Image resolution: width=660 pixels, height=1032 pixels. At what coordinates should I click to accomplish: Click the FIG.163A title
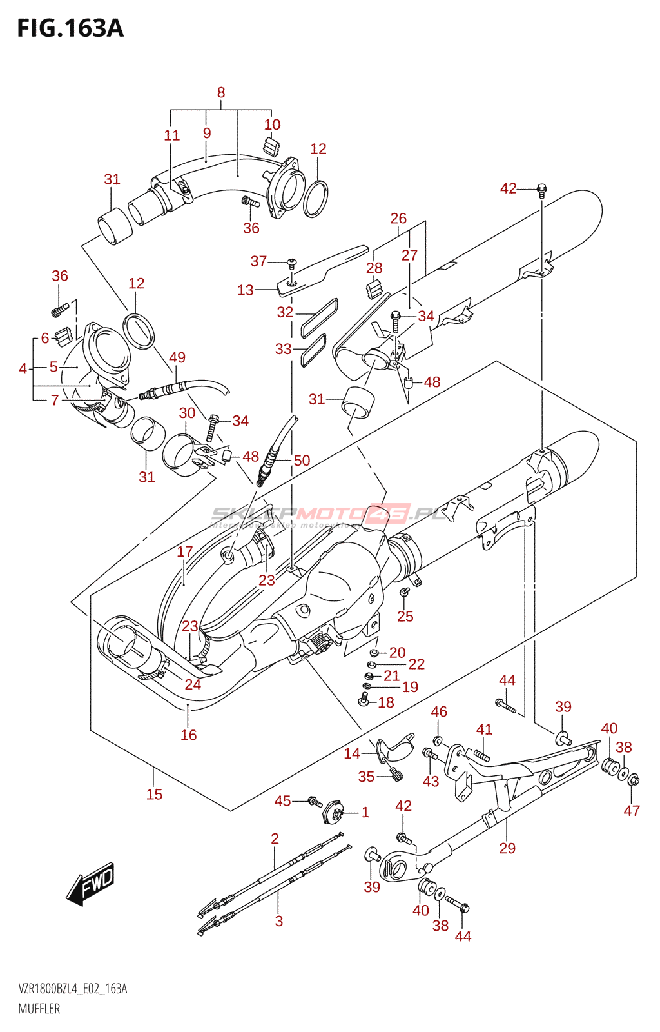click(x=70, y=28)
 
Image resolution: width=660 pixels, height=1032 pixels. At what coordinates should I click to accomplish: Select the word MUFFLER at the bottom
click(x=39, y=1009)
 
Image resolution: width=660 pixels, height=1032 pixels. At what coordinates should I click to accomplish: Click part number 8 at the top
click(x=221, y=93)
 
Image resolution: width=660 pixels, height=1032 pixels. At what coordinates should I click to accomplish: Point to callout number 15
click(x=154, y=794)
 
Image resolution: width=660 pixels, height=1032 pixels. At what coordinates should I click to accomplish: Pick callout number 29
click(x=507, y=848)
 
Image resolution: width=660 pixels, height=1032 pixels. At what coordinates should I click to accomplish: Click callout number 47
click(x=632, y=811)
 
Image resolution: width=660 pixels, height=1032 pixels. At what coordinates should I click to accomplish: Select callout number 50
click(x=302, y=461)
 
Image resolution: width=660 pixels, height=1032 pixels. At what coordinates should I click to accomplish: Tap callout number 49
click(x=177, y=357)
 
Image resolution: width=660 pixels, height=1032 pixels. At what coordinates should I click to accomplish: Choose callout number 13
click(x=245, y=290)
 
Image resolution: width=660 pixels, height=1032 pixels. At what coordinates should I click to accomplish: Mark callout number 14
click(x=352, y=753)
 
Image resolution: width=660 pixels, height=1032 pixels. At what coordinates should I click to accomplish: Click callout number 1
click(x=365, y=812)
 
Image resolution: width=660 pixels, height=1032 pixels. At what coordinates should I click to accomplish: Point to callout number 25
click(x=405, y=616)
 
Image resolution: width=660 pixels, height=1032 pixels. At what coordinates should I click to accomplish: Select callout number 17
click(x=185, y=551)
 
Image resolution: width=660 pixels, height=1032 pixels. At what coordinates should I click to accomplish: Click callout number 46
click(x=439, y=711)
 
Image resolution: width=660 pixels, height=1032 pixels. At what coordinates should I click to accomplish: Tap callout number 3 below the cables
click(x=278, y=921)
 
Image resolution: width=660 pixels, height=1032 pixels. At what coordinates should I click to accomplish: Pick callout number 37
click(x=258, y=261)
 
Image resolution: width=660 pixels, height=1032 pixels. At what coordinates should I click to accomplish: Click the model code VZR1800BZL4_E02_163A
click(x=73, y=989)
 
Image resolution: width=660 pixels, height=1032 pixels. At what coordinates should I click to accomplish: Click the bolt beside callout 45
click(x=315, y=802)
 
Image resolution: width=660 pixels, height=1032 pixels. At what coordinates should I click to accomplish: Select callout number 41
click(x=484, y=729)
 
